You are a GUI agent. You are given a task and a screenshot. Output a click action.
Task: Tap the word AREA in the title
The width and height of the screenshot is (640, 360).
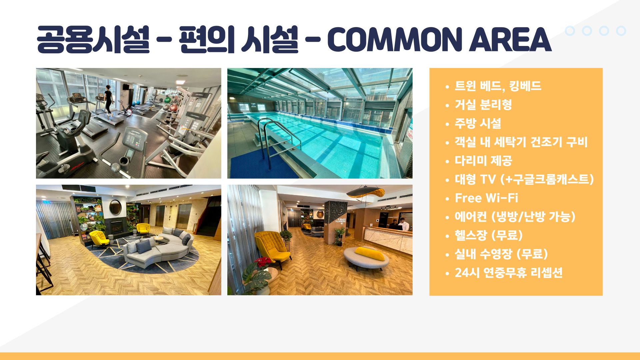coord(510,40)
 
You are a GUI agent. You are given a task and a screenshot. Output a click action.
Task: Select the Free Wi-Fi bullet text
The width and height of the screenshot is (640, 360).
coord(486,198)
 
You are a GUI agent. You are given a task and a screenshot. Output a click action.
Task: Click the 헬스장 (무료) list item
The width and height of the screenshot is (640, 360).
coord(489,235)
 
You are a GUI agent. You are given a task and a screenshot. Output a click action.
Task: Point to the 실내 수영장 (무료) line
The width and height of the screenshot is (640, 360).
coord(501,254)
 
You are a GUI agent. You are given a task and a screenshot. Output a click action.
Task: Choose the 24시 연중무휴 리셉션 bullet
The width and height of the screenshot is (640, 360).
coord(509,273)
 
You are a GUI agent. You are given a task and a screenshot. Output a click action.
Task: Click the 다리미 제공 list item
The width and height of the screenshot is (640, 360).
coord(483,161)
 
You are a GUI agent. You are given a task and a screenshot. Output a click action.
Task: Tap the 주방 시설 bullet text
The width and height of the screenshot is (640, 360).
coord(478,123)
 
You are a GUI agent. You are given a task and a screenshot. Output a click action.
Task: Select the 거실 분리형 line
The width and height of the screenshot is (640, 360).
coord(483,105)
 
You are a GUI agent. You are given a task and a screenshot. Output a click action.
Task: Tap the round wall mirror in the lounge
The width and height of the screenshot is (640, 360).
coord(115,207)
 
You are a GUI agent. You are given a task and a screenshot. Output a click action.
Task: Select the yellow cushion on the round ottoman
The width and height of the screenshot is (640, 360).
coord(369,254)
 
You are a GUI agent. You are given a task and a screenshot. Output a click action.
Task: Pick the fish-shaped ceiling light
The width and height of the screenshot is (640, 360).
coord(366,193)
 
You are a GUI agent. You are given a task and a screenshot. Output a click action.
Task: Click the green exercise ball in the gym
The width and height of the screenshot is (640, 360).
coord(168,99)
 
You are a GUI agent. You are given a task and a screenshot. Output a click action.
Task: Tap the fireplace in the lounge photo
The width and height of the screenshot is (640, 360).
coord(117,227)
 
